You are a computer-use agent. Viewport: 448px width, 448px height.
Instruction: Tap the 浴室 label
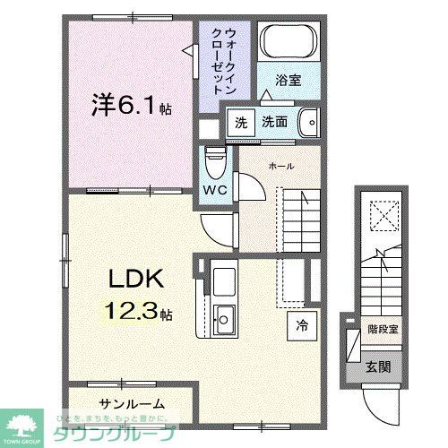tap(287, 81)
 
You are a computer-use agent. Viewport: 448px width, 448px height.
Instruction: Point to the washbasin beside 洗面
tap(308, 121)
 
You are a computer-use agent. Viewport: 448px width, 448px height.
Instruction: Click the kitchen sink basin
tap(224, 317)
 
